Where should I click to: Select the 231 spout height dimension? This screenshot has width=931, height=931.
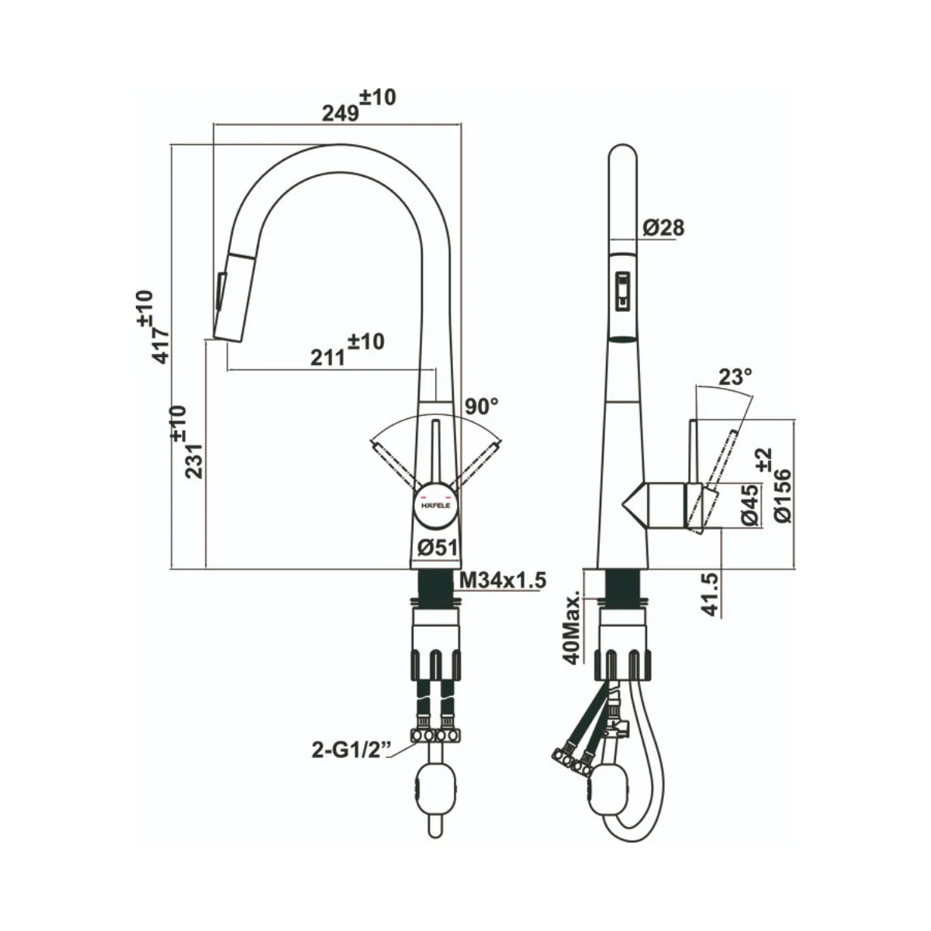tap(186, 442)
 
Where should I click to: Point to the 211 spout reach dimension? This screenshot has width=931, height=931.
tap(347, 349)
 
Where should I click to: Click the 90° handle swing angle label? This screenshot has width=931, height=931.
tap(482, 407)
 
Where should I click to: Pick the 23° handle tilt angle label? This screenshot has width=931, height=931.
tap(735, 376)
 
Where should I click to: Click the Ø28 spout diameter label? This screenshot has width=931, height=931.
tap(663, 227)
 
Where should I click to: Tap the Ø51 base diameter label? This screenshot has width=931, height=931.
tap(438, 548)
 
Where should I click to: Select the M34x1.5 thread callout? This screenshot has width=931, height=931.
tap(503, 580)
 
